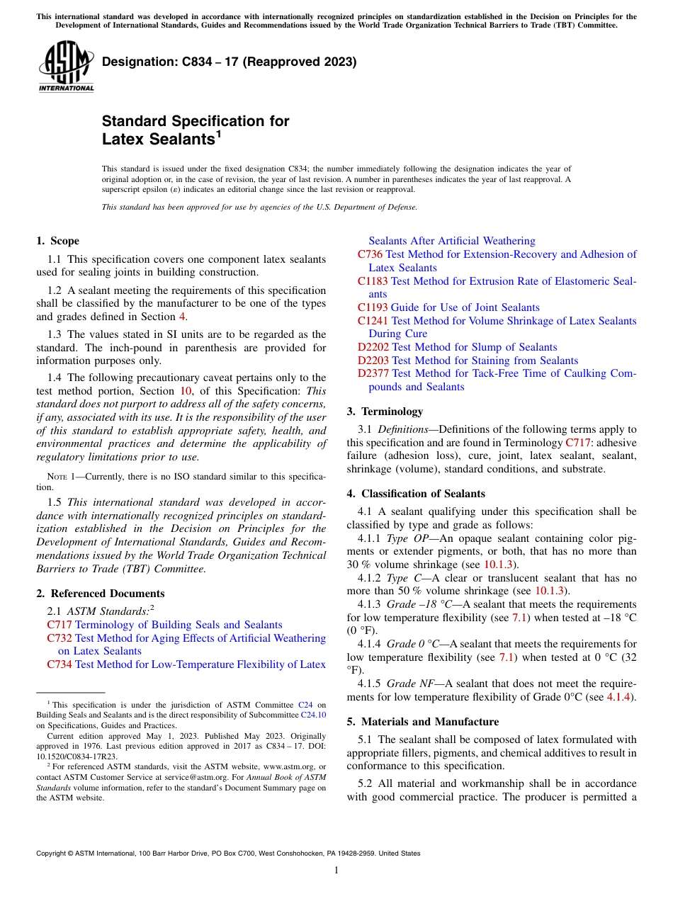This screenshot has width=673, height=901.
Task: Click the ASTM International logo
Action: (65, 67)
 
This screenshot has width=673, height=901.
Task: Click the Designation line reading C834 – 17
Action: (229, 62)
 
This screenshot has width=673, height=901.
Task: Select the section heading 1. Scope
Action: (58, 241)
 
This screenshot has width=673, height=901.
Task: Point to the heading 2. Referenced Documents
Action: (101, 594)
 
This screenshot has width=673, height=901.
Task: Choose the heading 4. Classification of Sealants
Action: (416, 494)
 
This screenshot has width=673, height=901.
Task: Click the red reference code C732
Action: (60, 638)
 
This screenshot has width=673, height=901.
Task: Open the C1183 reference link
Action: (373, 281)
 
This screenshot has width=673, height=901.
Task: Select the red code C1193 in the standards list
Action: (373, 307)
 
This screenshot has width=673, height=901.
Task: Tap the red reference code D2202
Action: (373, 347)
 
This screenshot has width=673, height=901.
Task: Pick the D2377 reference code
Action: (373, 373)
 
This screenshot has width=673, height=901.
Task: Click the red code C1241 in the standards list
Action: (373, 321)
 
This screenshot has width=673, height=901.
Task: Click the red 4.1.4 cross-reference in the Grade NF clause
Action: (621, 697)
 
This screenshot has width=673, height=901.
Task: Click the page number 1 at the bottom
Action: (336, 871)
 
